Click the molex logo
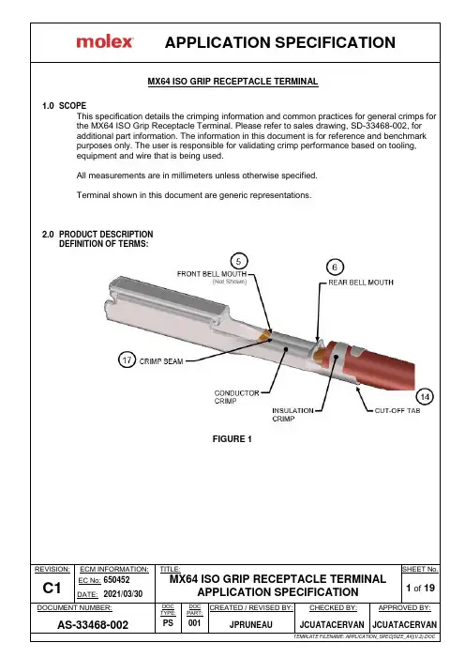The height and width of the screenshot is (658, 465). (x=105, y=42)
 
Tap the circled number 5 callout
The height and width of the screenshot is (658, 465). (x=239, y=262)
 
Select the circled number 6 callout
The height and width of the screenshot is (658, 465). (x=335, y=267)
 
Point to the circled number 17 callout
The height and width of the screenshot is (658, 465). (x=127, y=360)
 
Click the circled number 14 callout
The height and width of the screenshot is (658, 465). (x=425, y=396)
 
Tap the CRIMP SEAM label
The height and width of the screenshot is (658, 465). (x=161, y=361)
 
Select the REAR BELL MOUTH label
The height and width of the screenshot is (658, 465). (x=361, y=283)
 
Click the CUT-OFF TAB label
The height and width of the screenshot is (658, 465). (x=397, y=410)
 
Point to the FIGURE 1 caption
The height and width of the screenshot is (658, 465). (x=232, y=439)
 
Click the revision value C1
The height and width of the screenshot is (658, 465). (x=52, y=588)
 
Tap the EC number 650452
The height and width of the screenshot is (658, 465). (x=116, y=579)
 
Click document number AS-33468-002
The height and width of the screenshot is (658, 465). (x=93, y=625)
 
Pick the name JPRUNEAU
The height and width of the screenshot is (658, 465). (x=250, y=625)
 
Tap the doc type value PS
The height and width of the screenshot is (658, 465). (x=168, y=622)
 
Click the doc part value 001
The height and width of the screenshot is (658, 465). (x=194, y=622)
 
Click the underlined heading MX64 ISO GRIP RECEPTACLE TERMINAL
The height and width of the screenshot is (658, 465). (x=232, y=82)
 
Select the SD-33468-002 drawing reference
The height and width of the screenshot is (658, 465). (x=379, y=126)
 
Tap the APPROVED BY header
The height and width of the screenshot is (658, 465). (x=404, y=607)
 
